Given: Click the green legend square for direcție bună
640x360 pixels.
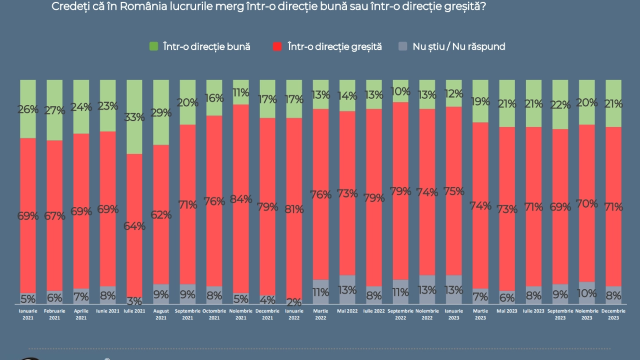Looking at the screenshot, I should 154,46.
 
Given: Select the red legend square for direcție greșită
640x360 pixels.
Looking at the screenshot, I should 277,46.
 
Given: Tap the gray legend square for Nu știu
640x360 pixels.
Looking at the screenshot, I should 403,46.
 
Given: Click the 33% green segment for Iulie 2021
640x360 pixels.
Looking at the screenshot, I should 134,117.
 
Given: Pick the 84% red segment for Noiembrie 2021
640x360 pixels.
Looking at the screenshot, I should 241,199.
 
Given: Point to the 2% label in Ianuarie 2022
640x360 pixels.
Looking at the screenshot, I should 294,302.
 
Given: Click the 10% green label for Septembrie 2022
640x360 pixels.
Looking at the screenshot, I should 400,92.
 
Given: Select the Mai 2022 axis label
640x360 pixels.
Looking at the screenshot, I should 347,311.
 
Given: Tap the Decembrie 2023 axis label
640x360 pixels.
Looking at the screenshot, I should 613,314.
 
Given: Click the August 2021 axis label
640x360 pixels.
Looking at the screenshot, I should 161,314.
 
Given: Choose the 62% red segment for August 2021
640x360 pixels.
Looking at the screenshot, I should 161,215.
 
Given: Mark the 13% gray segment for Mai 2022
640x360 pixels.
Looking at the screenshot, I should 347,290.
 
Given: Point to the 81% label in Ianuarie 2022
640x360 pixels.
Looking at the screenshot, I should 294,209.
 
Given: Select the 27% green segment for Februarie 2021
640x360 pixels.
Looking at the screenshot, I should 54,110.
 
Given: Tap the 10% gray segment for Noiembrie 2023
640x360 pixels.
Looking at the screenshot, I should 587,293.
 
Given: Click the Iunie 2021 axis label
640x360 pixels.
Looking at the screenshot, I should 108,311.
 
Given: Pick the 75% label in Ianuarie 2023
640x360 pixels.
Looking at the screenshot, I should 454,192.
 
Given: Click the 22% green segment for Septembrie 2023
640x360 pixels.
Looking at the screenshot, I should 560,105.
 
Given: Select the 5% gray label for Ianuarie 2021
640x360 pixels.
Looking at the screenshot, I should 28,299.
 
